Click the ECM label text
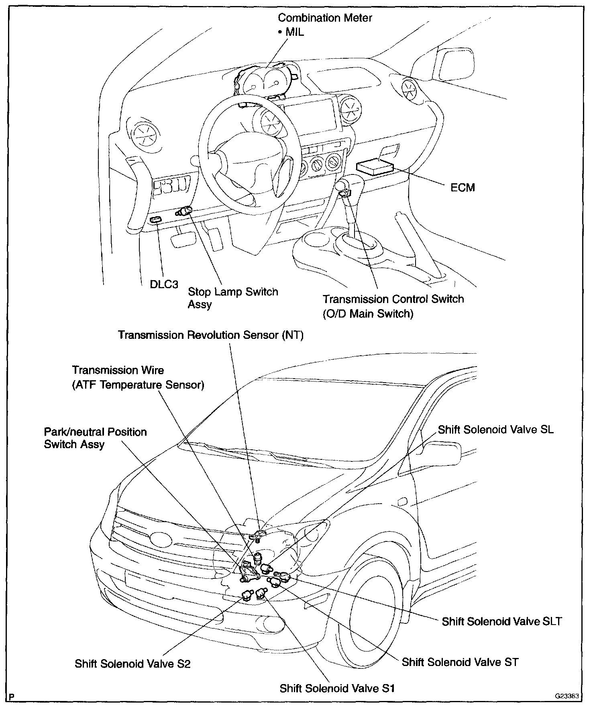[x=462, y=187]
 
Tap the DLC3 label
[x=164, y=284]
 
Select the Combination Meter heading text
[x=325, y=18]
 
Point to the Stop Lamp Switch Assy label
[x=232, y=297]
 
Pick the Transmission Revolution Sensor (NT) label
[x=210, y=335]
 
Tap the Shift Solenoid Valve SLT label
[x=501, y=621]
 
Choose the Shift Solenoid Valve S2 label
[x=132, y=663]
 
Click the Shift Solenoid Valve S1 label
[x=337, y=688]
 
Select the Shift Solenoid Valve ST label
[x=460, y=662]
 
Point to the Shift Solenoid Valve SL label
[x=495, y=429]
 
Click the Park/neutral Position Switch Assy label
[x=95, y=438]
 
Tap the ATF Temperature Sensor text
[x=138, y=385]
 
